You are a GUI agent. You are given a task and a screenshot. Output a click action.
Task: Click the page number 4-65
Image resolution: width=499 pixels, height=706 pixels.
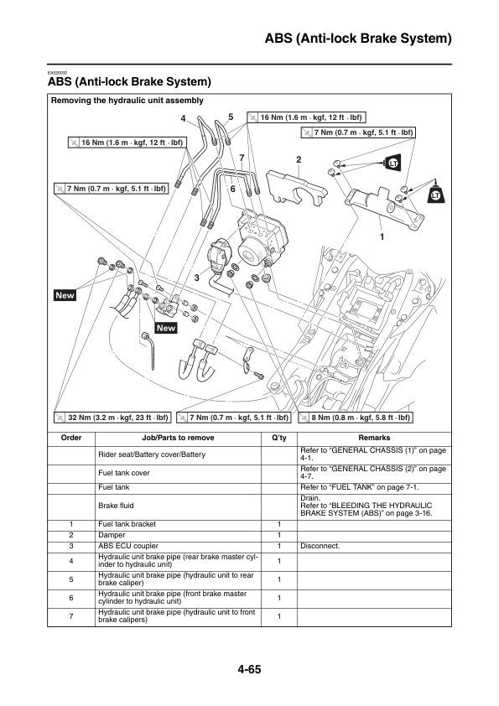[x=249, y=668]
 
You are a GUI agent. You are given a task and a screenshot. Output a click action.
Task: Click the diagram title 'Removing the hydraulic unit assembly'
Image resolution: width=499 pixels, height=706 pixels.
[x=127, y=100]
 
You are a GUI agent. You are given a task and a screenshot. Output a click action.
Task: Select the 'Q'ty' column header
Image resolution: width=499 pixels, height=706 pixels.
[x=279, y=438]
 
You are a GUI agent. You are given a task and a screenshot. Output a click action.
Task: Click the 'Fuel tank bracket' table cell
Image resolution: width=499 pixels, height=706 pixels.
[x=127, y=524]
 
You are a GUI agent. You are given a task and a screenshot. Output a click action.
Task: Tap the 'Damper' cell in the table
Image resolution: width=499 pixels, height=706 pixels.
[x=112, y=534]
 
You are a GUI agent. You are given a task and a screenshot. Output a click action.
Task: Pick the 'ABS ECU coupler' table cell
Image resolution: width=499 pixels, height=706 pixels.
[x=126, y=545]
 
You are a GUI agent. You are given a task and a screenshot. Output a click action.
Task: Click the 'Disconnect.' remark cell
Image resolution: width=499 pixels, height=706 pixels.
[x=320, y=545]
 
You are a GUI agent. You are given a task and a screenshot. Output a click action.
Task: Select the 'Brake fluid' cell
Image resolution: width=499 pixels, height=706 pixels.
[x=116, y=506]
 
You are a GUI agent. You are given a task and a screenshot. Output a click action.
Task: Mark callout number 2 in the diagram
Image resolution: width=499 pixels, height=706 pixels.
[x=299, y=158]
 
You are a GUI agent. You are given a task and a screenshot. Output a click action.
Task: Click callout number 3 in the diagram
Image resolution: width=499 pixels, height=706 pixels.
[x=196, y=276]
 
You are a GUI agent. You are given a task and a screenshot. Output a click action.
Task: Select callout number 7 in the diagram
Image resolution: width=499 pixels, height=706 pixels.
[x=242, y=158]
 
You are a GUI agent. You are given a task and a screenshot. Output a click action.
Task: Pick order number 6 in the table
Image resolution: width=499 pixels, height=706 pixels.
[x=71, y=598]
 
